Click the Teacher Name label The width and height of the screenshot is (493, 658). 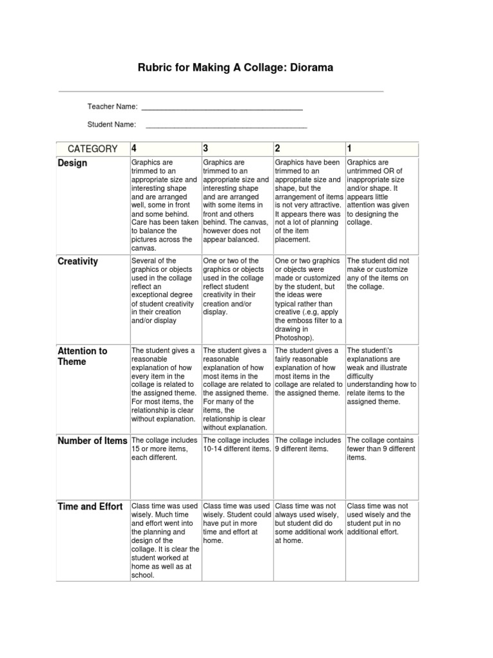112,106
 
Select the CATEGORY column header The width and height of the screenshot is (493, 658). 93,149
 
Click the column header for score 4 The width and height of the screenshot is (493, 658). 135,149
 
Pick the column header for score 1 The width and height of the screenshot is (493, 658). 350,149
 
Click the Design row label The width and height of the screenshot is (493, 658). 73,163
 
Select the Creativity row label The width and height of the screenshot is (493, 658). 78,262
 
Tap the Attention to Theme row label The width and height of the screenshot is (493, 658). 82,357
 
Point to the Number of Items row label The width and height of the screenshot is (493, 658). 92,441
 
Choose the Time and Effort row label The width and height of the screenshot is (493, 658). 90,507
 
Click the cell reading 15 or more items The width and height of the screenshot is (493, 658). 165,449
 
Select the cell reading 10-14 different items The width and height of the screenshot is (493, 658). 236,445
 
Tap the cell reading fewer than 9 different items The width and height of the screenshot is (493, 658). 381,449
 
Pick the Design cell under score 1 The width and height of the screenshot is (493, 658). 381,193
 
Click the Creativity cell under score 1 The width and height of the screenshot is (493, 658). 381,274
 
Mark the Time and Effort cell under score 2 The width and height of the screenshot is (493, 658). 309,524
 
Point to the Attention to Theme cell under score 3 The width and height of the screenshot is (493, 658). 236,389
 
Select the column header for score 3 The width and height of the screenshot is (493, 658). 206,149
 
